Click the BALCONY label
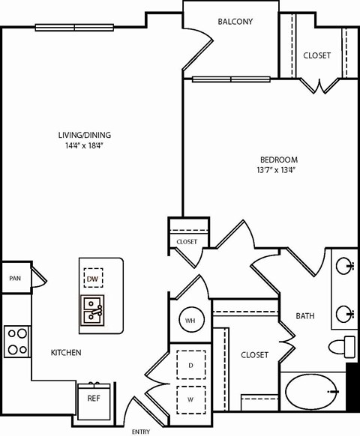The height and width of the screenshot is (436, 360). coord(235,22)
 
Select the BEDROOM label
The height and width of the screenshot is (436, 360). coord(279,160)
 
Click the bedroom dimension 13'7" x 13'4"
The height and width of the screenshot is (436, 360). coord(279,171)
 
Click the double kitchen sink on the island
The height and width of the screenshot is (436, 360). coord(93,307)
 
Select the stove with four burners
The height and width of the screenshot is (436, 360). coord(16,342)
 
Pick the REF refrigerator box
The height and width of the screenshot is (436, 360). coord(94,399)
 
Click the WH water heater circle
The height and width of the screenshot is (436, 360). coord(190,321)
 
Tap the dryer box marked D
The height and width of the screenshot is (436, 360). coord(190,366)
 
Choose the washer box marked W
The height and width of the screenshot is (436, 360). coord(190,400)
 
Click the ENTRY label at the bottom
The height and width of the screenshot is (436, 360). coord(140,432)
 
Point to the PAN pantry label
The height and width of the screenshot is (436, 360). coord(14,278)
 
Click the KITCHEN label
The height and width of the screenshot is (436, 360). coord(66,352)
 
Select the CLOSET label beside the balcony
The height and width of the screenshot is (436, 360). coord(316,55)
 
